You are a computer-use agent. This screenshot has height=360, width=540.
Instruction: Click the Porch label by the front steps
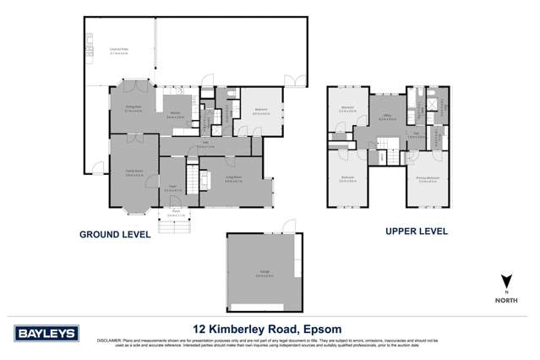[173, 215]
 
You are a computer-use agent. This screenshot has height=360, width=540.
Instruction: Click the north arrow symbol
[505, 281]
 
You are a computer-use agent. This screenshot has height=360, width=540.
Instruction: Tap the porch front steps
[172, 225]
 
